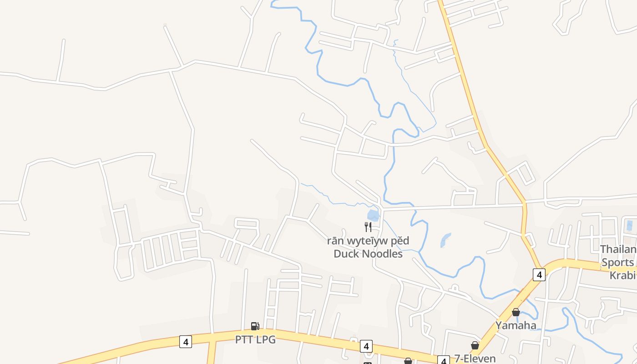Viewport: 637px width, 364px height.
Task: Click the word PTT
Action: click(x=245, y=339)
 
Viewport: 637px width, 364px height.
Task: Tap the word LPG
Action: click(x=266, y=339)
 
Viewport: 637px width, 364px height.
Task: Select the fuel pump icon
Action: click(x=255, y=326)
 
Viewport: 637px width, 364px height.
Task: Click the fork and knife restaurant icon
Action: click(x=368, y=227)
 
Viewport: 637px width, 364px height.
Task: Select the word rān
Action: click(x=334, y=241)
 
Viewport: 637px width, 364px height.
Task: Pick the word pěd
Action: click(x=399, y=241)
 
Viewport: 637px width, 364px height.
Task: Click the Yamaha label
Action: click(x=516, y=325)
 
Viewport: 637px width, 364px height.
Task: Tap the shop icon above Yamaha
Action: click(x=516, y=312)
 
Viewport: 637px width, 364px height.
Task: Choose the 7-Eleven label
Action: click(x=475, y=359)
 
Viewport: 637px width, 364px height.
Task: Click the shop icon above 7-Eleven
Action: click(x=475, y=346)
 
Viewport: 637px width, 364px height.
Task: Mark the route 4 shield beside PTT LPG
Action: click(x=185, y=341)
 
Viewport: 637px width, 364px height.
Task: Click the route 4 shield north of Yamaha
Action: click(x=539, y=274)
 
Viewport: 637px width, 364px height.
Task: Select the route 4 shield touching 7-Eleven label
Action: click(x=444, y=360)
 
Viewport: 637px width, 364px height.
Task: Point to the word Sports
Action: click(x=617, y=263)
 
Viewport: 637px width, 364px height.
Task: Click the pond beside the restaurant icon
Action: click(x=373, y=215)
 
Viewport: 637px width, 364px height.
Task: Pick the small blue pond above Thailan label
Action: click(x=629, y=225)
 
